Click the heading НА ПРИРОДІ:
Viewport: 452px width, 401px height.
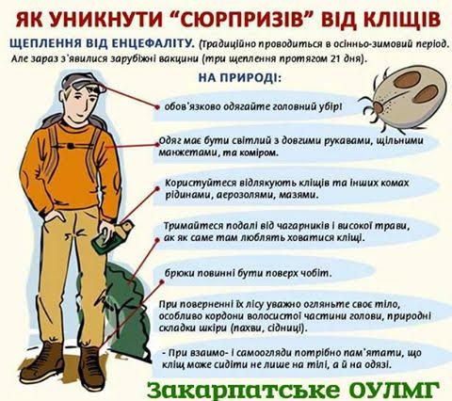[240, 77]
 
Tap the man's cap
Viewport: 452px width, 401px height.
[83, 82]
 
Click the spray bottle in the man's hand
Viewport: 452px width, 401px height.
[112, 237]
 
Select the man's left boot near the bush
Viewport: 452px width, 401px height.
[90, 368]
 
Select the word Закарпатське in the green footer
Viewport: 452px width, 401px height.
[243, 391]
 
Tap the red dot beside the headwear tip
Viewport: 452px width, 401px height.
[157, 107]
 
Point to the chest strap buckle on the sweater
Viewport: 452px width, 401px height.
[71, 146]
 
